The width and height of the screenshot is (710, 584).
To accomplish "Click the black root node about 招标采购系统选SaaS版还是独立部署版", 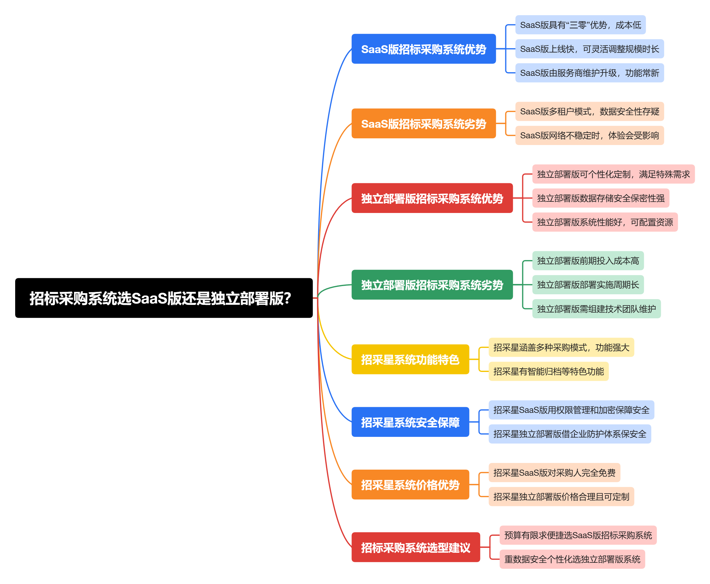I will coord(163,298).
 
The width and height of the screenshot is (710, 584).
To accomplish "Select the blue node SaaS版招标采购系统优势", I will coord(423,49).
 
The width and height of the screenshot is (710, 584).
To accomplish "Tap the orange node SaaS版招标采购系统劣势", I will coord(423,123).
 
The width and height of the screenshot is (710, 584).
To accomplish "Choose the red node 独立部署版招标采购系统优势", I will coord(432,198).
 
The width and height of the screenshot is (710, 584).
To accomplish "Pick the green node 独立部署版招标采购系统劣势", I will coord(432,285).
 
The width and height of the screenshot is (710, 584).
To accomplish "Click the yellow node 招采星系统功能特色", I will coord(410,359).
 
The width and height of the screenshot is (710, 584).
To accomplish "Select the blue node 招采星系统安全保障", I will coord(410,422).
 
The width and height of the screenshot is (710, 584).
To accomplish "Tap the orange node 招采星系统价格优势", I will coord(410,484).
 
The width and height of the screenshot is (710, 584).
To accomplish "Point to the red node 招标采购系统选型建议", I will coord(416,547).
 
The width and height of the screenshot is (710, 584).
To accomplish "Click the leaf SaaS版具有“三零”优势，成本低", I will coord(580,25).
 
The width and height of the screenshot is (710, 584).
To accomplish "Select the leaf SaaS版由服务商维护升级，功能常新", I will coord(589,73).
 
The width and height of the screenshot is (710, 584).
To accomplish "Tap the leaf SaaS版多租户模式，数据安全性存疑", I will coord(589,111).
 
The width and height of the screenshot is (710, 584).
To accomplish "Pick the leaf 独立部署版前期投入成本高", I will coord(587,261).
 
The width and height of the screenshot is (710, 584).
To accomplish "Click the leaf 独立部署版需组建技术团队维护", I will coord(596,309).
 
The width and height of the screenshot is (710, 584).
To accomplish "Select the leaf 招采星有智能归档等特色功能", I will coord(548,371).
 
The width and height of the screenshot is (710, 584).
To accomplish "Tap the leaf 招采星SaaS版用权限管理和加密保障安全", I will coord(571,410).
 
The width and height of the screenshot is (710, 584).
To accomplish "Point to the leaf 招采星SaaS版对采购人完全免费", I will coord(554,472).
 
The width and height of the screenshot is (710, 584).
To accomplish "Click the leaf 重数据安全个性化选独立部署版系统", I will coord(572,559).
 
